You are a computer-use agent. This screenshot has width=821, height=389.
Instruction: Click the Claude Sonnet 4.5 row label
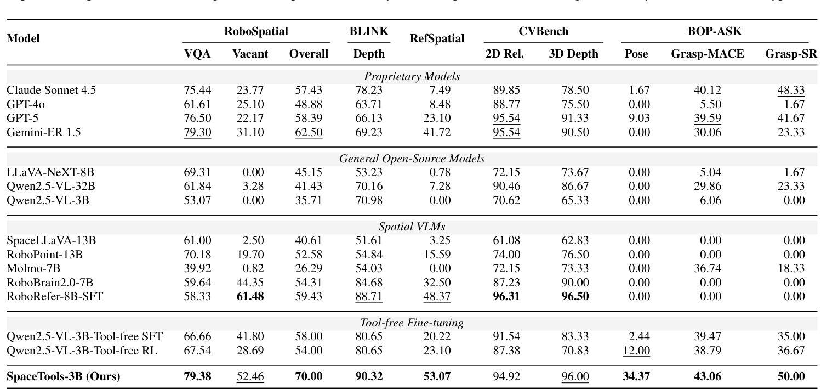click(x=51, y=91)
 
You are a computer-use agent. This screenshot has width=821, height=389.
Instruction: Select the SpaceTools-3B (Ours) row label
click(x=63, y=377)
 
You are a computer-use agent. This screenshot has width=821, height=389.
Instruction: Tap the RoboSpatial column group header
click(x=256, y=32)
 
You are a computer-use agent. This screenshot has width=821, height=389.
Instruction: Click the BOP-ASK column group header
click(x=714, y=32)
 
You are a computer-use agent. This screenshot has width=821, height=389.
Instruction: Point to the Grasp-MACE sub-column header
click(x=707, y=54)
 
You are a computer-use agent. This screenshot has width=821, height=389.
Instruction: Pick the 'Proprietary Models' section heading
click(x=412, y=77)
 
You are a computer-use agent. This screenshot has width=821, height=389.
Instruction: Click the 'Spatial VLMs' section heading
click(x=412, y=227)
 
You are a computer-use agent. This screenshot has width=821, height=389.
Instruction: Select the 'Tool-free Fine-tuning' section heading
click(x=412, y=323)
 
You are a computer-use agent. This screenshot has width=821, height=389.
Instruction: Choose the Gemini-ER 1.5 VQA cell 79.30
click(x=197, y=132)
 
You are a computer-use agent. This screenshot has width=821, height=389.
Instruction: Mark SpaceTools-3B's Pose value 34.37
click(x=636, y=377)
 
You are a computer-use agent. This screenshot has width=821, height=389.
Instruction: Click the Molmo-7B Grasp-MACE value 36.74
click(x=707, y=268)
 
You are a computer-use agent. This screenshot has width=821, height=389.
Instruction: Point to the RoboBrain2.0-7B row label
click(x=50, y=282)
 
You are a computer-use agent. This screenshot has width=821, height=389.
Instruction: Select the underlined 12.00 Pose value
click(x=636, y=350)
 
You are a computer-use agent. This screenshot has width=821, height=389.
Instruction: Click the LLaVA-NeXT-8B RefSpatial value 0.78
click(x=440, y=173)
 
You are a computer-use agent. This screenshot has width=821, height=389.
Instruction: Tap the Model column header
click(x=23, y=39)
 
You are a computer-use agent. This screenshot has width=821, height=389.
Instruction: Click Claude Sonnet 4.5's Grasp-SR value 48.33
click(x=791, y=91)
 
